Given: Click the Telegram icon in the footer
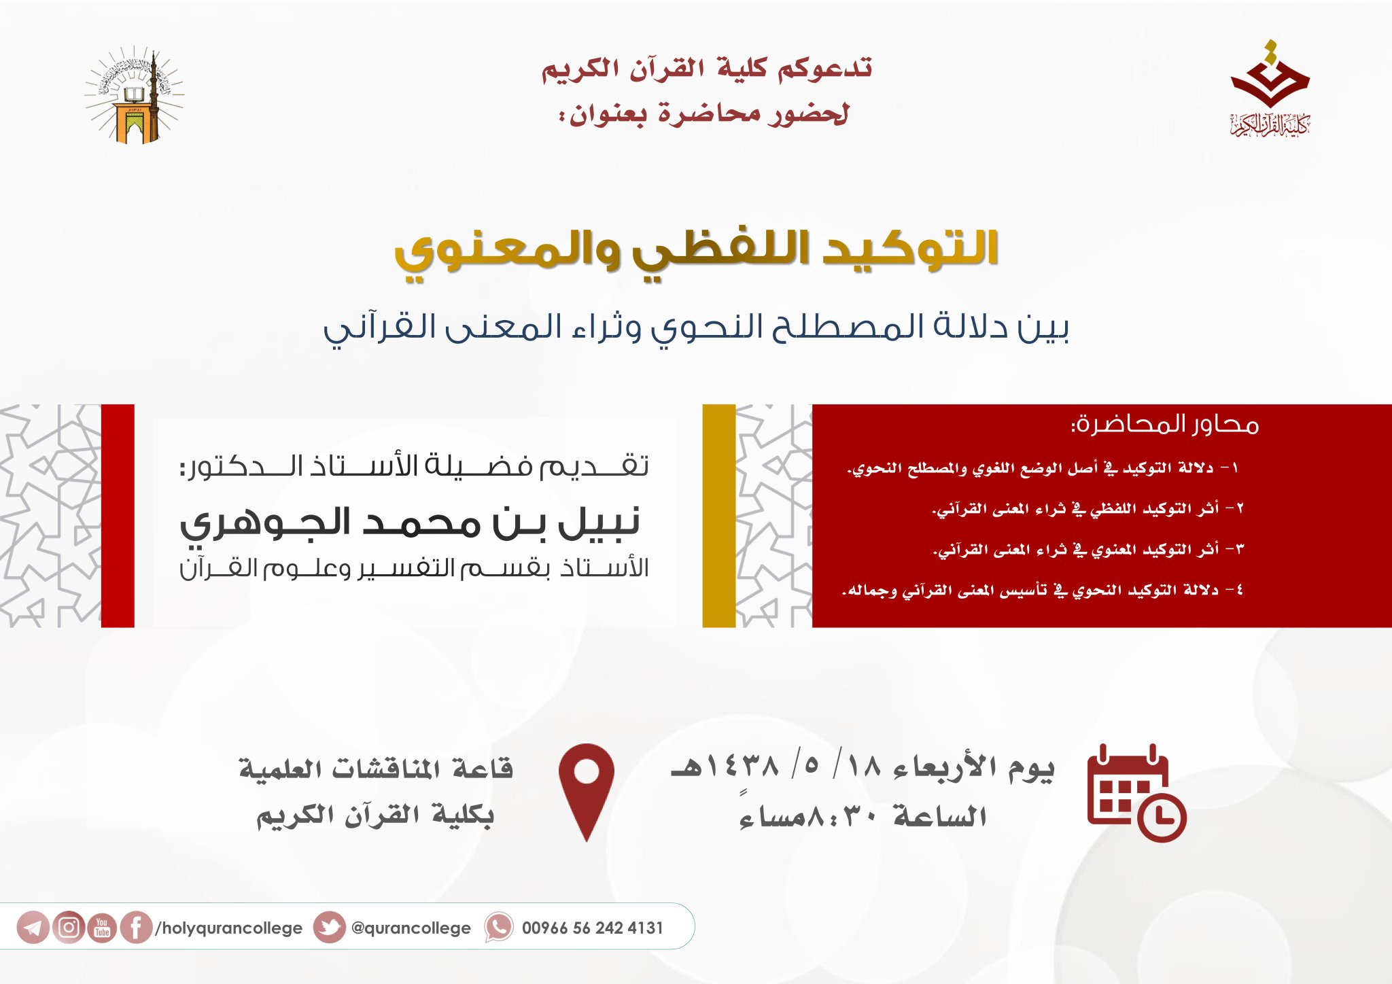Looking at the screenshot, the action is point(33,928).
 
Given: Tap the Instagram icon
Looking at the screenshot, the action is point(69,928).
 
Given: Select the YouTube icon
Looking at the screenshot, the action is point(102,928).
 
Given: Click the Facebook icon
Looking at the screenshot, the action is point(136,928).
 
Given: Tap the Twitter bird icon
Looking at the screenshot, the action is point(330,928).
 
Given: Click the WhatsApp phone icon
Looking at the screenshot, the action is point(499,928).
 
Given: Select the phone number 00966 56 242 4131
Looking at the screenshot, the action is point(592,928).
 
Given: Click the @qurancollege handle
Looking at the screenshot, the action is point(411,928).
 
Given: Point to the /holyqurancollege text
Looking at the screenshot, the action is point(228,928).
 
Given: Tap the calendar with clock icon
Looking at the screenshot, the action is point(1136,793).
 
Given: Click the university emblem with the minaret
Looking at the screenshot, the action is point(135,94).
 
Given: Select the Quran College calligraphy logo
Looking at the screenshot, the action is point(1270,88).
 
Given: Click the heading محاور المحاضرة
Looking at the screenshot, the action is point(1165,424).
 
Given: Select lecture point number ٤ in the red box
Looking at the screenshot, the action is point(1043,591).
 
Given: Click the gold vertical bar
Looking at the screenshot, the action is point(719,516).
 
